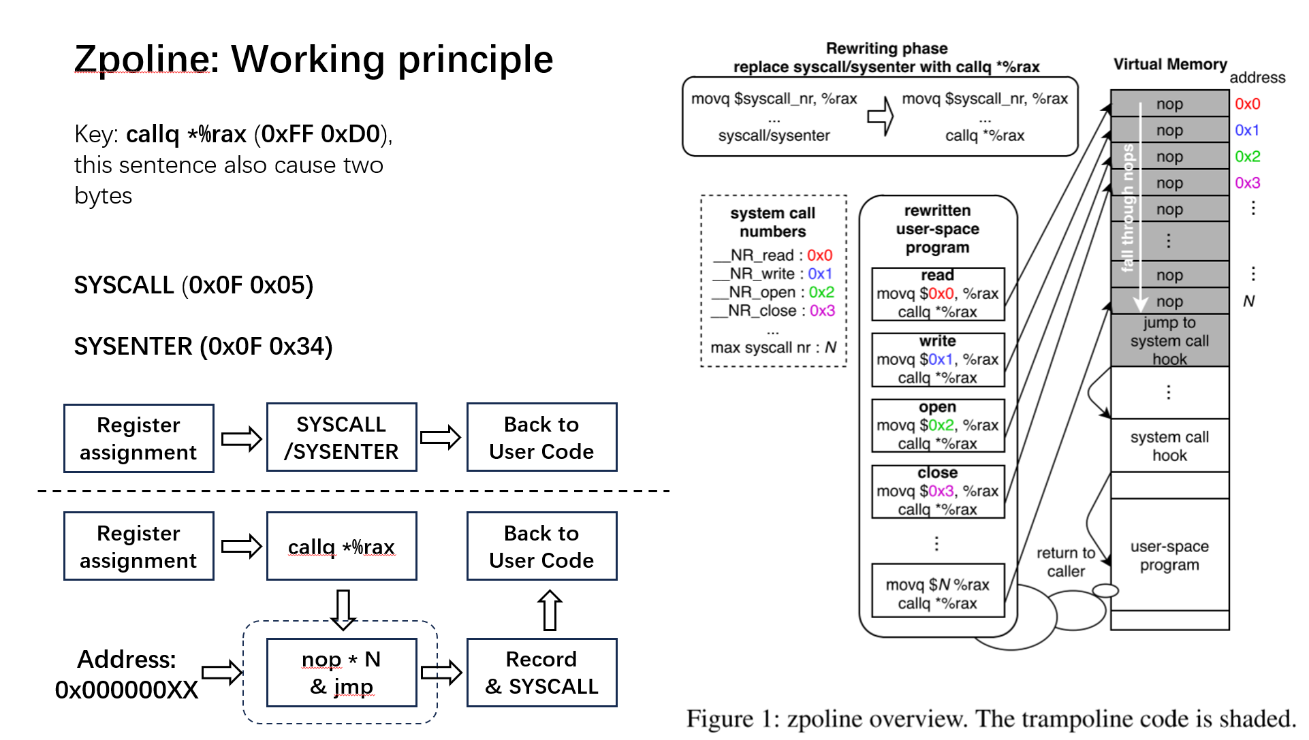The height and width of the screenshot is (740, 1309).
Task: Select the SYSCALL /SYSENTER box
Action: pos(341,438)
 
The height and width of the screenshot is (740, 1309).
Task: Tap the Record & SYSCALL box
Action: pos(541,673)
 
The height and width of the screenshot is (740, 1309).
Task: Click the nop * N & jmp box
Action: pos(341,673)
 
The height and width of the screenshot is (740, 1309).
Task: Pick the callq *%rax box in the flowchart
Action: pos(341,547)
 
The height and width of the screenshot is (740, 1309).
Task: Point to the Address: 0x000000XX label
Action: pos(127,674)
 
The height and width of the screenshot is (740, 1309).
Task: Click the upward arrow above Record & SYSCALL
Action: pos(550,610)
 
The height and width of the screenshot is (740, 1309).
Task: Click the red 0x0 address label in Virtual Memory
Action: pos(1247,104)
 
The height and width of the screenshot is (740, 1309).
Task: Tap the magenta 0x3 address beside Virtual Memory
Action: pos(1247,183)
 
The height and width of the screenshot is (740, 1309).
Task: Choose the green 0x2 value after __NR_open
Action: pos(821,292)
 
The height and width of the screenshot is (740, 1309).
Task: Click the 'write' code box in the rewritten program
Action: pos(937,359)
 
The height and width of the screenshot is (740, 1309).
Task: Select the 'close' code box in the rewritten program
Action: pos(937,491)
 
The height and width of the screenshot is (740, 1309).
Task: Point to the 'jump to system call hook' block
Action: pos(1169,340)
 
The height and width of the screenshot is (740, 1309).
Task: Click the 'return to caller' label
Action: pos(1065,562)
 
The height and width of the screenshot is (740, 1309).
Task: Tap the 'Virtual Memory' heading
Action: pos(1169,65)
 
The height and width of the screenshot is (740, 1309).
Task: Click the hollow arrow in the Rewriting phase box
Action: pos(880,116)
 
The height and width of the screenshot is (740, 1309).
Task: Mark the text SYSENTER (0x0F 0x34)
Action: pos(203,347)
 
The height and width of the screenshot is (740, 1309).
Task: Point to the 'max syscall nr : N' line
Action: pos(773,348)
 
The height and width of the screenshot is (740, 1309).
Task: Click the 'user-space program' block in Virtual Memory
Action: pos(1169,556)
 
